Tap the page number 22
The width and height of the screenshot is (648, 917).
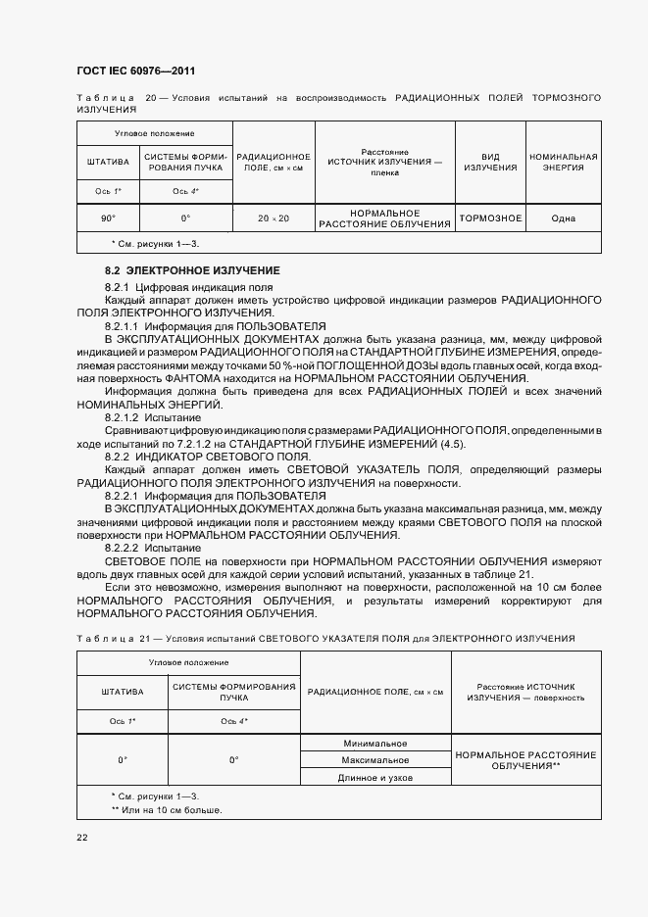pos(81,838)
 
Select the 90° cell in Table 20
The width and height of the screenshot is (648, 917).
pos(107,218)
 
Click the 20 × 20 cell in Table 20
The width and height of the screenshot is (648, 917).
pos(274,218)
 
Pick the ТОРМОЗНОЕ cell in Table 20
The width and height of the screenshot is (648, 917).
pos(490,217)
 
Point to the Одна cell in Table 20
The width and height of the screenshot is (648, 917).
pos(563,218)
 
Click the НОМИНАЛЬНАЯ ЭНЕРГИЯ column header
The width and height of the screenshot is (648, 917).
pos(563,162)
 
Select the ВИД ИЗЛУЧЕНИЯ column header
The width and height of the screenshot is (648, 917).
pos(490,162)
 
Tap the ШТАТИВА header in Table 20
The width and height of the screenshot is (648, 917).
pos(107,162)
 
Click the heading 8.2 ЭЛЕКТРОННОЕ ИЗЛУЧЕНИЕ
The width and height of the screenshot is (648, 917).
pos(192,269)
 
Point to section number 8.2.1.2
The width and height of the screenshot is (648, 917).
pos(124,417)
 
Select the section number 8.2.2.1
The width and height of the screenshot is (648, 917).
pos(124,496)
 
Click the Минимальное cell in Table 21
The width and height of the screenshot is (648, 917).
pos(374,744)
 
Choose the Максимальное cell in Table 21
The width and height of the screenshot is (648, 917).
pos(374,760)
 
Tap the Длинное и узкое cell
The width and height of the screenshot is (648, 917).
pos(374,777)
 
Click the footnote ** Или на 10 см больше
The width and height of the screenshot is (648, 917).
pos(167,810)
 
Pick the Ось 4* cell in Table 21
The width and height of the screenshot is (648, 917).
pos(234,721)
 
